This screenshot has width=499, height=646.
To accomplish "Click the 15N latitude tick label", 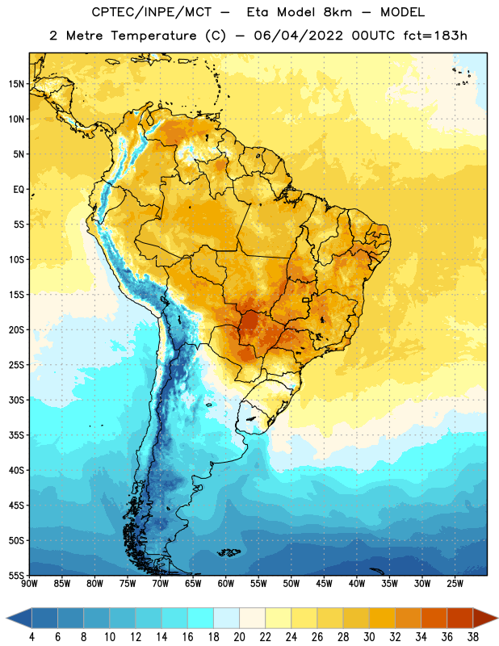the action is [x=16, y=84].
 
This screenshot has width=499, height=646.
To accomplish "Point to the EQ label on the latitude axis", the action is [x=19, y=190].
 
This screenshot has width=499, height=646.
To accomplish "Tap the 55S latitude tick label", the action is [x=16, y=575].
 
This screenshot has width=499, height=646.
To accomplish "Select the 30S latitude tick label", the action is [x=16, y=400].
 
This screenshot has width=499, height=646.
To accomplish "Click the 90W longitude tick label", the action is [x=29, y=584].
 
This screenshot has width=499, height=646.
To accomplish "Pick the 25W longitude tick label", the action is [x=455, y=584].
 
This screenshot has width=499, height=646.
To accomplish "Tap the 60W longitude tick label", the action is [x=226, y=584].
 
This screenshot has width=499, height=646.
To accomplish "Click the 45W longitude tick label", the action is [x=325, y=584].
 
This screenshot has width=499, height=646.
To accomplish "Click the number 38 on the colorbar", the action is [x=473, y=637].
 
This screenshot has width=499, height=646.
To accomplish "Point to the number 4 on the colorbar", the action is [x=31, y=637].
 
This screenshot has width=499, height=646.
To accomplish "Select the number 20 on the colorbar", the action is [x=239, y=637].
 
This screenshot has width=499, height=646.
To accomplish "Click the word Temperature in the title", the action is [x=153, y=36].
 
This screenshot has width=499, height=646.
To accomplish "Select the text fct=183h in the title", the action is [x=435, y=36].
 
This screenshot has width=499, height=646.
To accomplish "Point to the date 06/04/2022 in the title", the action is [x=298, y=36].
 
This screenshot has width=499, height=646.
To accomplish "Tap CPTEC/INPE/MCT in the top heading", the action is [x=151, y=12].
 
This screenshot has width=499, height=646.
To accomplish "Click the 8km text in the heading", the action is [x=338, y=12].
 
